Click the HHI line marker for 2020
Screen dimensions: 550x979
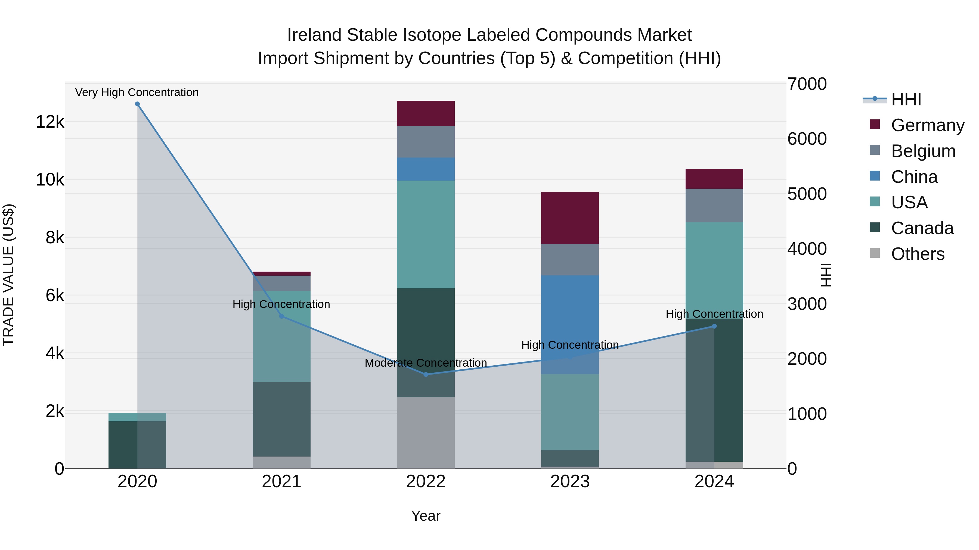137,104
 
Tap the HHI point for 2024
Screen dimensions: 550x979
714,326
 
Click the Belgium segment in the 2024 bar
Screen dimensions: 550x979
714,205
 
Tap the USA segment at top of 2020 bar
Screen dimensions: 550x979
137,417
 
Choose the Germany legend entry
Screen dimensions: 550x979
927,125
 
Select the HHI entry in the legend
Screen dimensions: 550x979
906,99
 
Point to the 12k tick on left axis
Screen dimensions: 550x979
50,122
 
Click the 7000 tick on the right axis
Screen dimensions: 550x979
807,84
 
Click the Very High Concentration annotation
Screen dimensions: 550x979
137,93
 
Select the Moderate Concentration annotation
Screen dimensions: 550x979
426,363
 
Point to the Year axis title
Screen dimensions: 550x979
426,516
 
